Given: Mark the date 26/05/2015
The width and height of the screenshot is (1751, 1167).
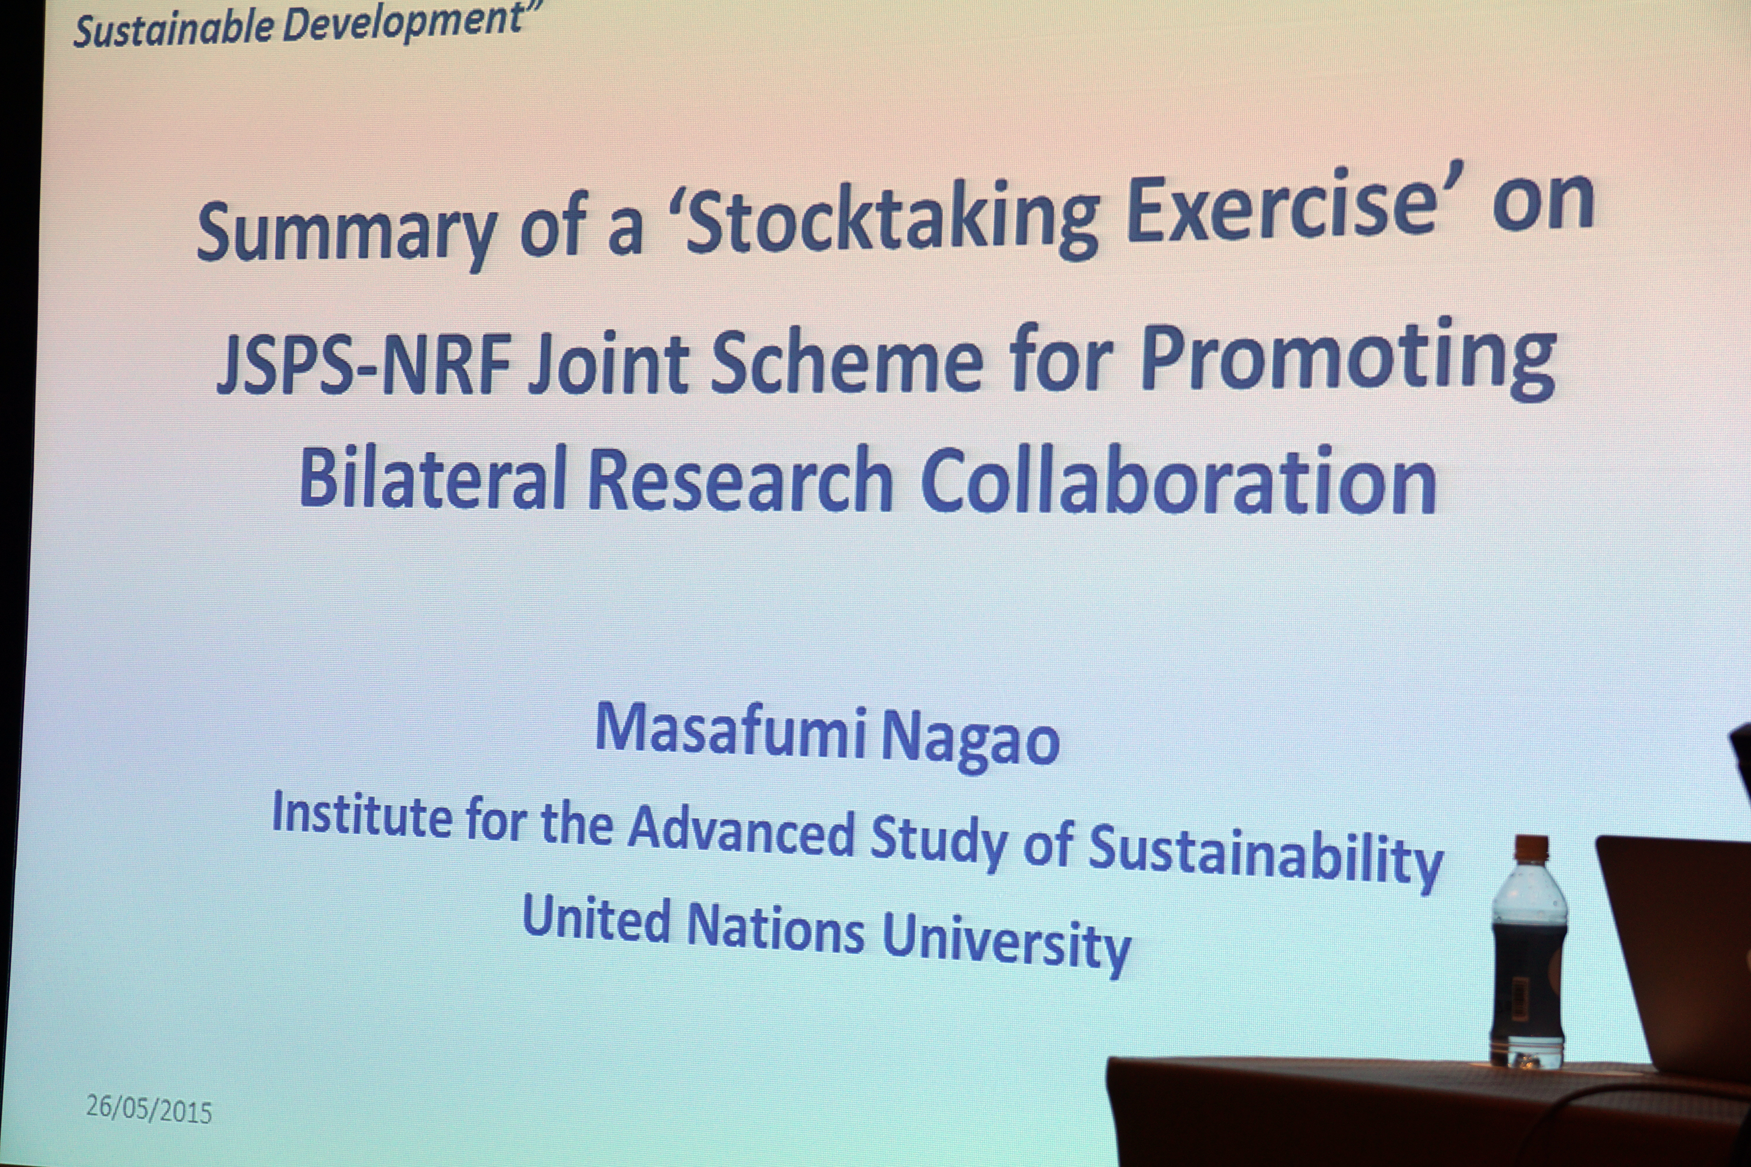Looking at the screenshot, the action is tap(149, 1108).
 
